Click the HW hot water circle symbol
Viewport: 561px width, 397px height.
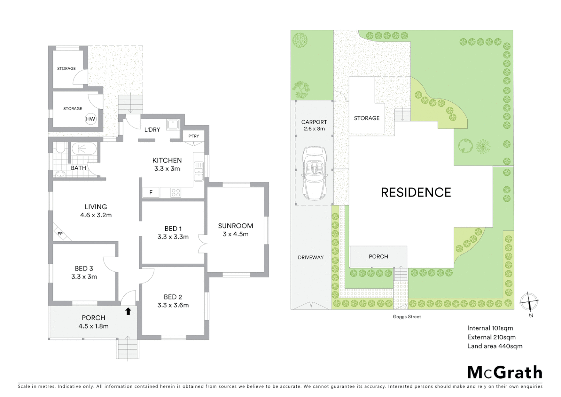tap(90, 119)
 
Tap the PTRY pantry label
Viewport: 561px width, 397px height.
tap(193, 136)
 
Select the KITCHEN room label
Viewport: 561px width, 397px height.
tap(167, 160)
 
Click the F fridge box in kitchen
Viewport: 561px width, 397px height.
tap(151, 192)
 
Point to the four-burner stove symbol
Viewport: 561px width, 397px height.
tap(175, 192)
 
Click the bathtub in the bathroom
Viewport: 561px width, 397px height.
tap(84, 149)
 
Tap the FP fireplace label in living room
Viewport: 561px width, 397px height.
tap(60, 233)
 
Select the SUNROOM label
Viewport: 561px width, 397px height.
tap(235, 226)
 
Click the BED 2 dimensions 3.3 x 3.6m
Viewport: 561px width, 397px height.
tap(173, 305)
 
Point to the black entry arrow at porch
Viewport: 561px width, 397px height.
tap(128, 311)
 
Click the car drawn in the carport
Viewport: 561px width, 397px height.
tap(314, 173)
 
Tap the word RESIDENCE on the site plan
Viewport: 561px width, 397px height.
tap(416, 192)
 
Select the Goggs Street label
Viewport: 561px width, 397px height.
tap(407, 316)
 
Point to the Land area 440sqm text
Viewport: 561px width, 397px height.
tap(495, 346)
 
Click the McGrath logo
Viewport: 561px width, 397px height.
tap(504, 372)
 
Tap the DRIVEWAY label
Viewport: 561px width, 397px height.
tap(311, 257)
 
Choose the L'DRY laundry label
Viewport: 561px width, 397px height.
tap(152, 129)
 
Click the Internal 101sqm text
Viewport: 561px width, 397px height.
tap(490, 328)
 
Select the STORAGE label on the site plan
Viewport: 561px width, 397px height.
tap(366, 118)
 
